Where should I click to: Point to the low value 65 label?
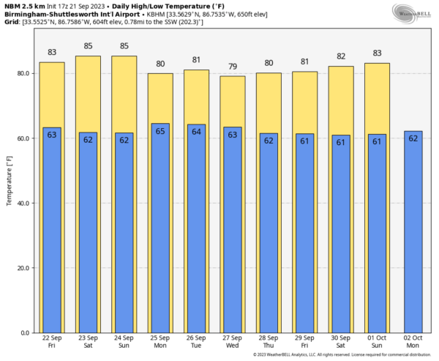coord(160,131)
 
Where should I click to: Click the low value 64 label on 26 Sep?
coord(196,132)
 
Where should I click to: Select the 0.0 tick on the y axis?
coord(24,333)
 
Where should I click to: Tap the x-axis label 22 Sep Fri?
coord(52,343)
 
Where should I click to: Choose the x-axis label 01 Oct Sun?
coord(377,343)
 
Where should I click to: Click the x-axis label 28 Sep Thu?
coord(269,343)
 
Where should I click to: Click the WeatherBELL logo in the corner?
coord(413,12)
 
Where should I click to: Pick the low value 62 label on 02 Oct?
coord(413,138)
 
